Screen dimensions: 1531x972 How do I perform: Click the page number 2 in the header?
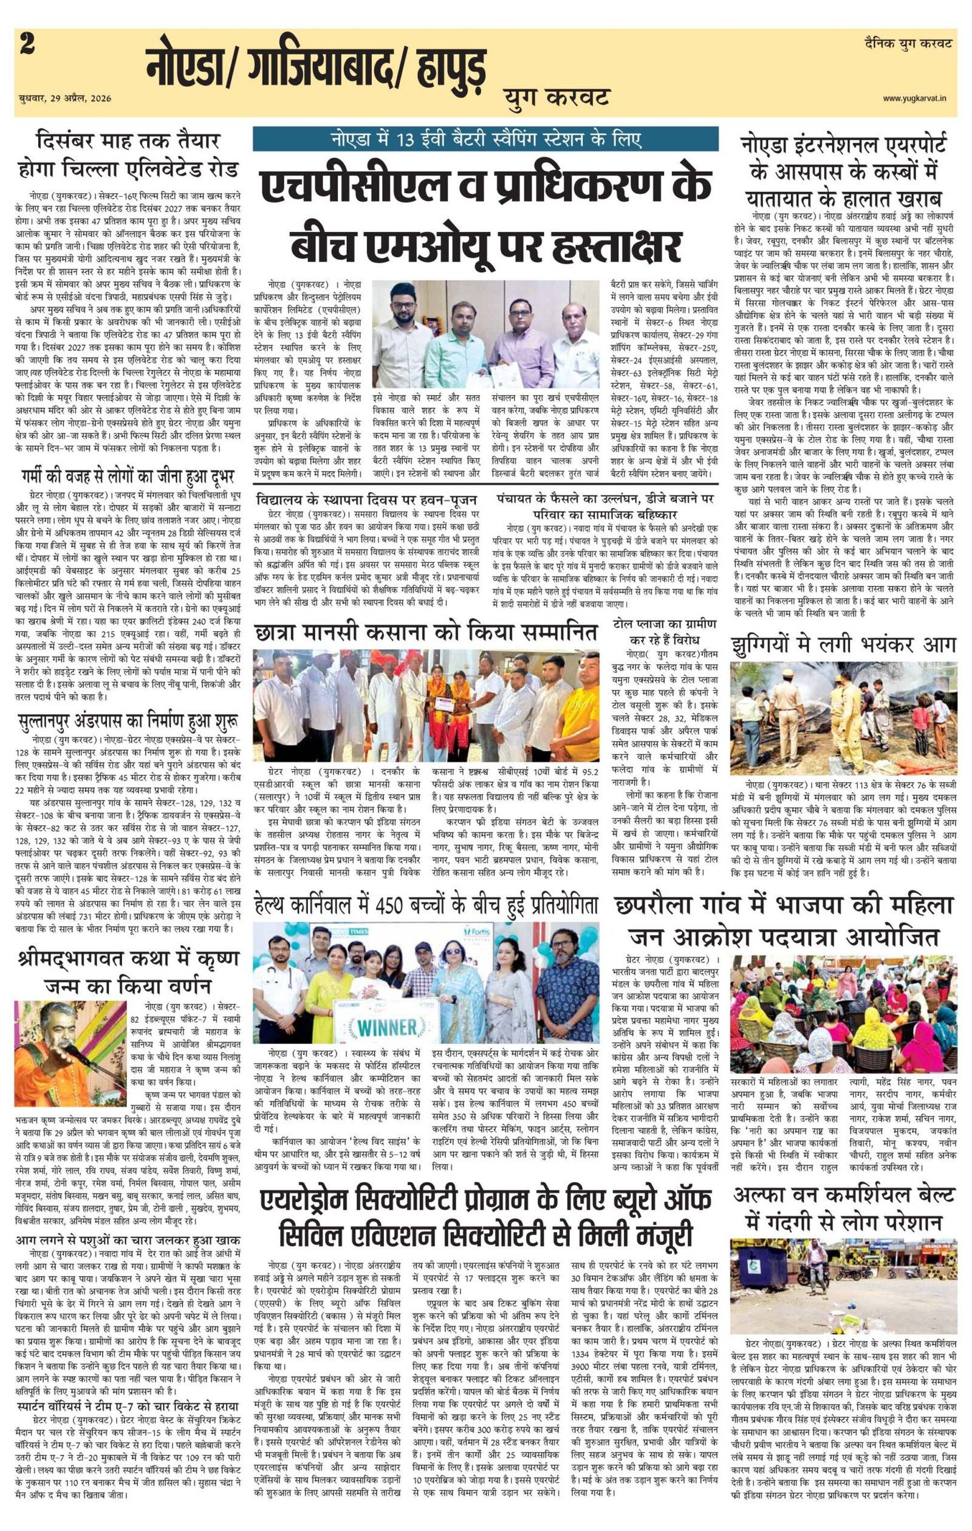(x=27, y=45)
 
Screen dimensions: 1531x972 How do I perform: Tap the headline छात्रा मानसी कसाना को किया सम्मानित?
(x=425, y=636)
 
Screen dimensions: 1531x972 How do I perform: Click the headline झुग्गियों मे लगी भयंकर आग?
(x=843, y=643)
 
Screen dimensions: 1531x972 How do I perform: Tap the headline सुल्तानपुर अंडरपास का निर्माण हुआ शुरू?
(x=127, y=721)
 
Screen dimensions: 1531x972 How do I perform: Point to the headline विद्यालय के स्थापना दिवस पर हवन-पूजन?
(x=368, y=500)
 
